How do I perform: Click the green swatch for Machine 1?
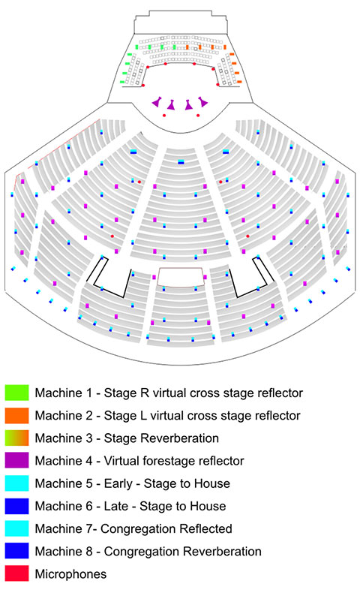(x=16, y=393)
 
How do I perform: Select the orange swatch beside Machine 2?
(x=16, y=415)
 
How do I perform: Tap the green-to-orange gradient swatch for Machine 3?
(x=16, y=438)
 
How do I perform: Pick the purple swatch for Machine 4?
(x=16, y=460)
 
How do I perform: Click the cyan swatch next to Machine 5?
(x=16, y=483)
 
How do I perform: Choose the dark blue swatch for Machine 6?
(x=16, y=506)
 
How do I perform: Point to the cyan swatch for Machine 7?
(x=16, y=528)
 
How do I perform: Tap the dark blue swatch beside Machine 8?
(x=16, y=551)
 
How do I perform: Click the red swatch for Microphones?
(x=16, y=573)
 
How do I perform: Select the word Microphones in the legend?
(x=70, y=574)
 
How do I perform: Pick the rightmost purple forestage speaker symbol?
(x=202, y=101)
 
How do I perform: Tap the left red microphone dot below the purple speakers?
(x=164, y=115)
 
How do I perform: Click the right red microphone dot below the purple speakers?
(x=198, y=115)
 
